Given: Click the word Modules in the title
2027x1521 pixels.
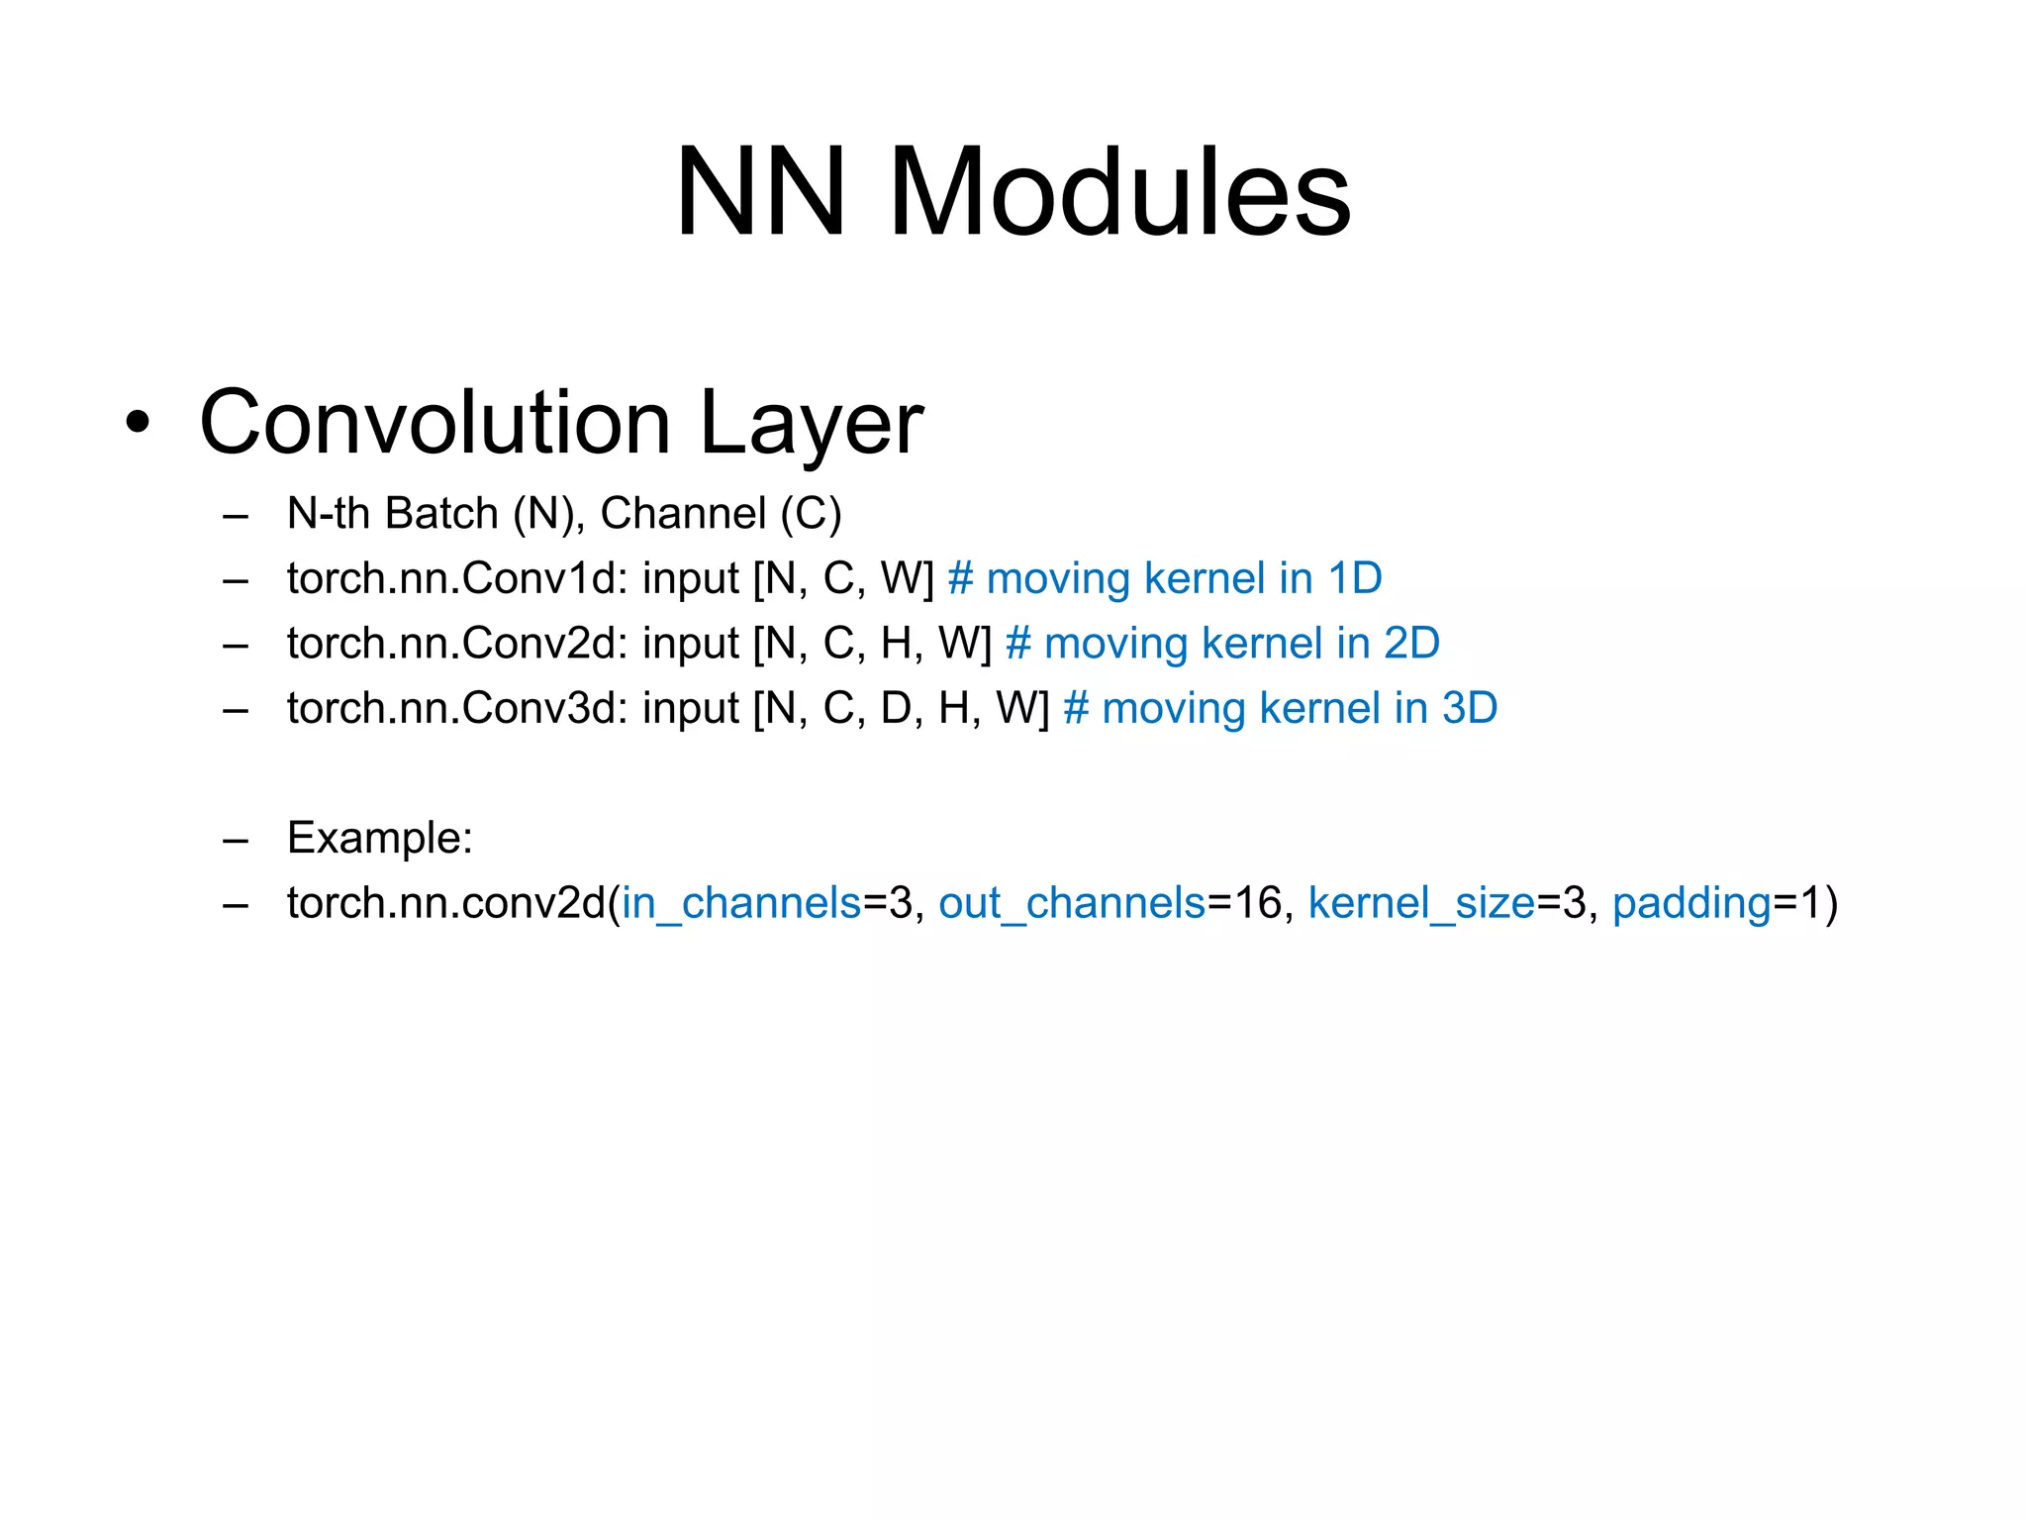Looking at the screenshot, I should (x=1119, y=192).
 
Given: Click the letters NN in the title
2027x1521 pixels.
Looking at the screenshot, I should (x=760, y=192).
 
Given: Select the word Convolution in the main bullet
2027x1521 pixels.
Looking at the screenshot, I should (x=435, y=423).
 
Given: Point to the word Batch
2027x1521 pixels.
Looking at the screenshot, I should (x=441, y=514).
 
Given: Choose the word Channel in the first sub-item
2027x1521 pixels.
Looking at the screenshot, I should (x=683, y=514).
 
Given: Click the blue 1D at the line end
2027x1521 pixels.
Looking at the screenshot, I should (x=1354, y=578).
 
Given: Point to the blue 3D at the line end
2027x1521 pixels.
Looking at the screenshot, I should (x=1469, y=709).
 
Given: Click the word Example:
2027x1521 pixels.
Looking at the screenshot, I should (x=380, y=839).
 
